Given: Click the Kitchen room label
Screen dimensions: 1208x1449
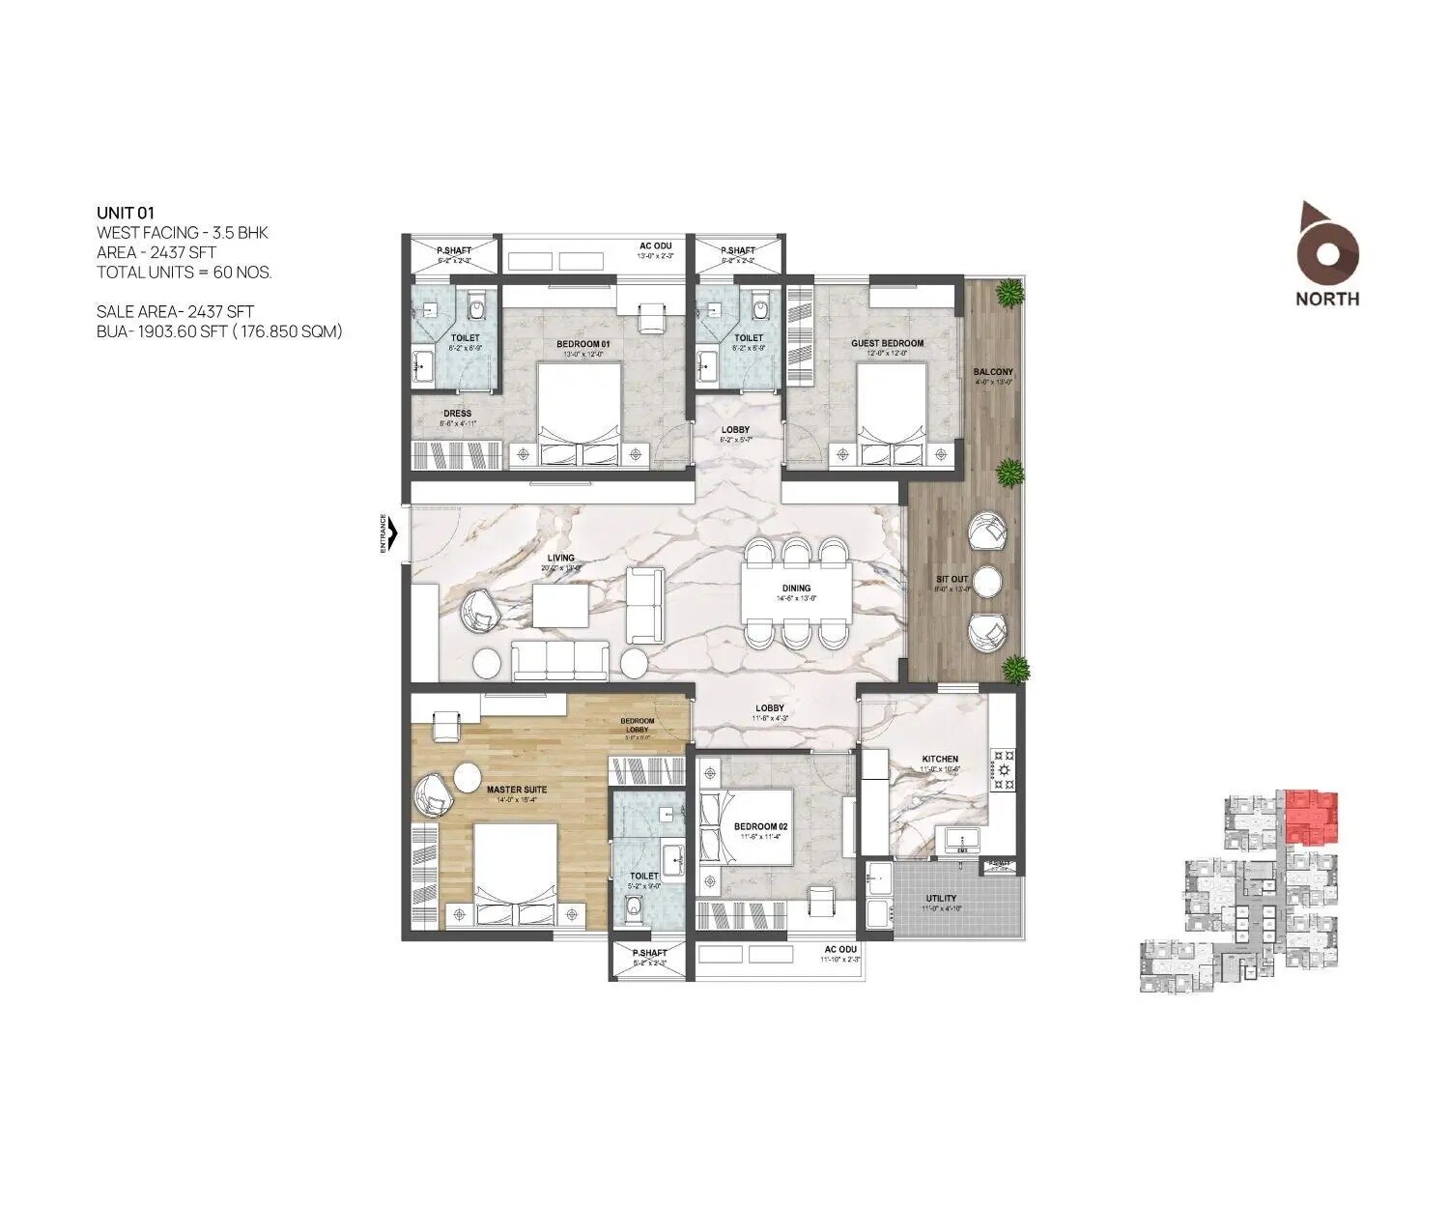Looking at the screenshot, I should (939, 759).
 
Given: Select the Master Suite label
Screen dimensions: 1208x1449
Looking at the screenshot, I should (516, 790).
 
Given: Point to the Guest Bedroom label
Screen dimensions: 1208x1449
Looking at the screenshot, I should (886, 343).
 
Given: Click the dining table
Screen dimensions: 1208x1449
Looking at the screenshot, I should (796, 592).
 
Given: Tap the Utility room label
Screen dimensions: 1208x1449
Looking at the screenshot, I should (941, 899).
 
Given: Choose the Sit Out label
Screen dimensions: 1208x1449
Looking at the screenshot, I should (951, 580).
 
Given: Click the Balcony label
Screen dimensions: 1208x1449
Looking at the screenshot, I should (993, 372).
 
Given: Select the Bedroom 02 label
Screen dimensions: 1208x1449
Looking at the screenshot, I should (760, 826).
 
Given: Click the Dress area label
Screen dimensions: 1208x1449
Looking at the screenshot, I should (457, 414).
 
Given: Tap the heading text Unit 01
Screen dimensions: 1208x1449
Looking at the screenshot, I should (126, 213).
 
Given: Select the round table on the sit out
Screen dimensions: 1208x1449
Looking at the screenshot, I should (986, 582).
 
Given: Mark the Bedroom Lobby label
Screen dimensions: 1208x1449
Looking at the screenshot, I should (637, 725).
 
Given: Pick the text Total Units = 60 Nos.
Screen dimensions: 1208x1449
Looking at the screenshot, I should (184, 272).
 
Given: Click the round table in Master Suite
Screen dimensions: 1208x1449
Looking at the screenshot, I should (468, 778).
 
